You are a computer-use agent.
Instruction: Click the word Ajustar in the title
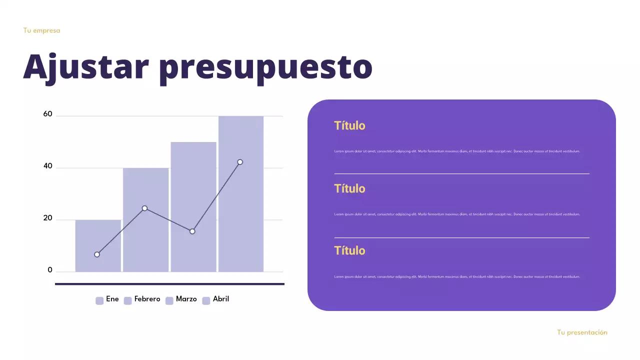click(86, 66)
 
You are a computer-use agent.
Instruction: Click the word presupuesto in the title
click(265, 67)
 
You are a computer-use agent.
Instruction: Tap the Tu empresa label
click(41, 30)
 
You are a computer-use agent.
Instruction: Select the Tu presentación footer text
click(582, 332)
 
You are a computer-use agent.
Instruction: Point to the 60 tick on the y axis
click(48, 114)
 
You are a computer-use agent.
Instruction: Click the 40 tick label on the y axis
click(48, 166)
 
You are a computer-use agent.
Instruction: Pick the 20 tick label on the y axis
click(48, 218)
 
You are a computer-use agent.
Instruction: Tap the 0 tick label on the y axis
click(50, 270)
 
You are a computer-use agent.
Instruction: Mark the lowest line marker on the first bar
click(97, 254)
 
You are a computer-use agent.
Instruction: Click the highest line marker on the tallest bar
click(240, 162)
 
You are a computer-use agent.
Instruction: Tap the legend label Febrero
click(147, 299)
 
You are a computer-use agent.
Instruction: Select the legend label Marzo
click(186, 299)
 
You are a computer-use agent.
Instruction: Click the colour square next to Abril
click(206, 300)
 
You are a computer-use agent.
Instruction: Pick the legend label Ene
click(112, 299)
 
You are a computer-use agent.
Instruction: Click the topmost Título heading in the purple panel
click(349, 125)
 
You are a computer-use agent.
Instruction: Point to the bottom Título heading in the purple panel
click(349, 250)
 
